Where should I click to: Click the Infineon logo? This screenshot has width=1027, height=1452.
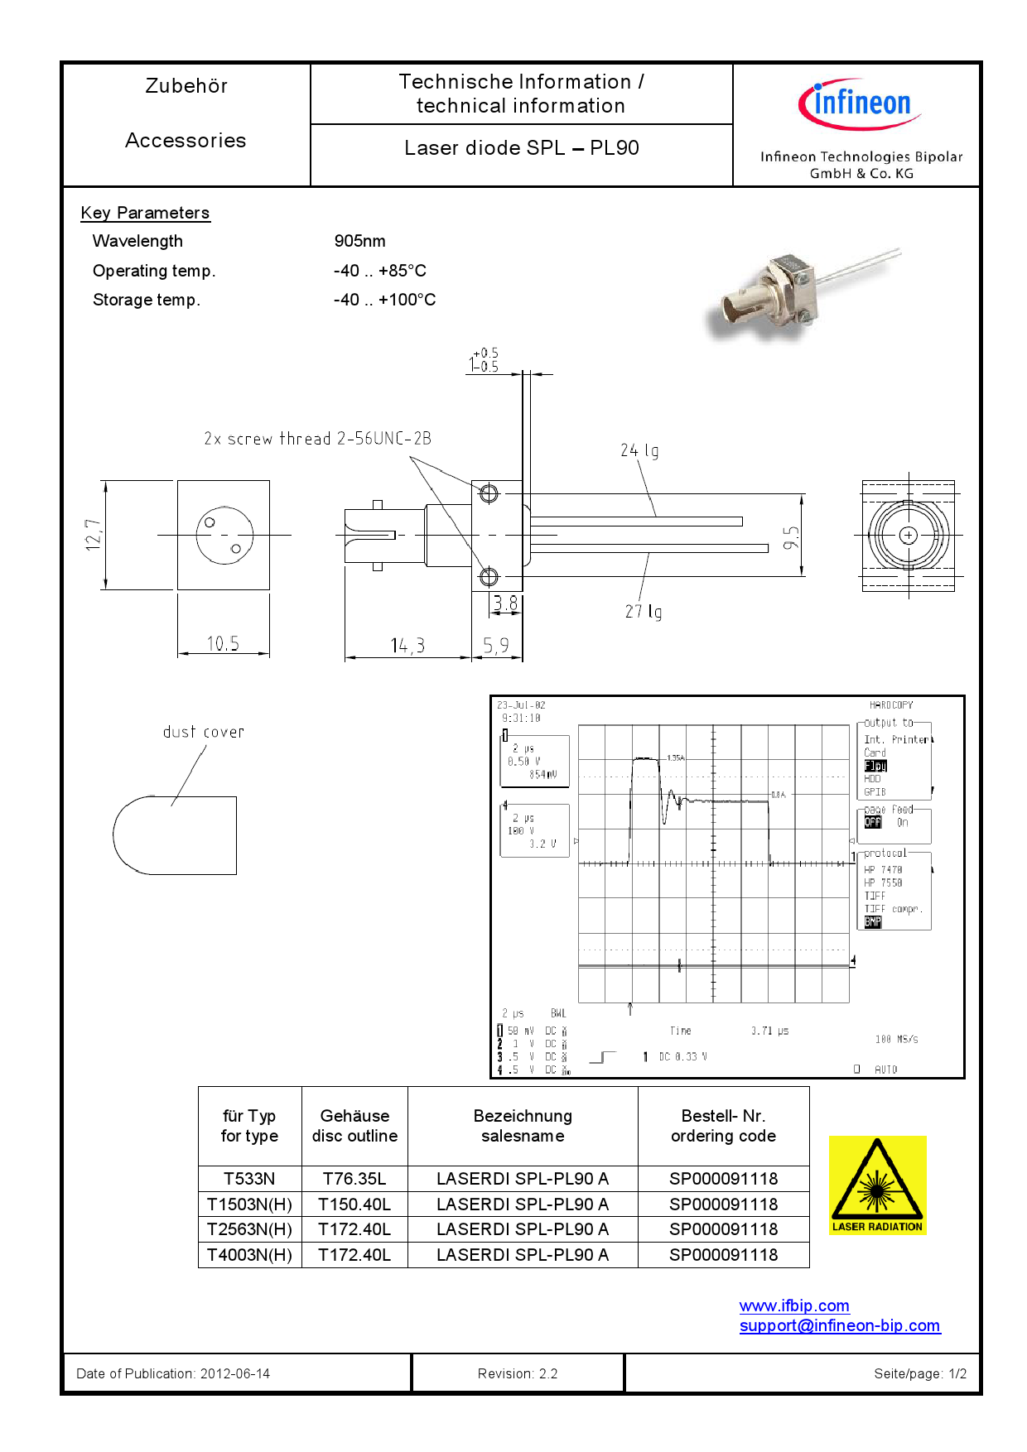pos(859,104)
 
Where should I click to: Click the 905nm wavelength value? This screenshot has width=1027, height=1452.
pos(359,241)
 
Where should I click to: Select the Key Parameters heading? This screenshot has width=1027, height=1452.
pos(145,213)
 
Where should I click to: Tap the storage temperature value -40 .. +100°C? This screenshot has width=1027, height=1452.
pos(384,300)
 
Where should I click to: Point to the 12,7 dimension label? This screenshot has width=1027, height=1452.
pos(93,535)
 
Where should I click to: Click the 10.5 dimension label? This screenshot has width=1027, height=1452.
pos(222,643)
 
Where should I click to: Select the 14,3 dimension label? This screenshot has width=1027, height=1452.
pos(407,646)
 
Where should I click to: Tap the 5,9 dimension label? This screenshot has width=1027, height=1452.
pos(496,645)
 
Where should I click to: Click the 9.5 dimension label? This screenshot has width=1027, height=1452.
pos(791,537)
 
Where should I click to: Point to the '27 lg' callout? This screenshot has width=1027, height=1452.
pos(643,612)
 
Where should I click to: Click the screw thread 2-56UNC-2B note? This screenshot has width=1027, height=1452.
pos(317,439)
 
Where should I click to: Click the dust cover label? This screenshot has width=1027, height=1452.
pos(204,732)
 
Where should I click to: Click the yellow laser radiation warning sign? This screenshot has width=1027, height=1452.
pos(877,1185)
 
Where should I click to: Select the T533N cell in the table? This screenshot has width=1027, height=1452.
pos(249,1178)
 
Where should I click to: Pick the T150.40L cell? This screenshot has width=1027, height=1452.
pos(354,1204)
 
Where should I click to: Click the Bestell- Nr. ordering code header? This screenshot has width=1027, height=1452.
pos(723,1126)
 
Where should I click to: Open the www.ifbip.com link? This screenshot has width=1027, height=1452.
pos(793,1305)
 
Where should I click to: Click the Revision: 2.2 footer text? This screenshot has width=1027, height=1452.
pos(518,1373)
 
